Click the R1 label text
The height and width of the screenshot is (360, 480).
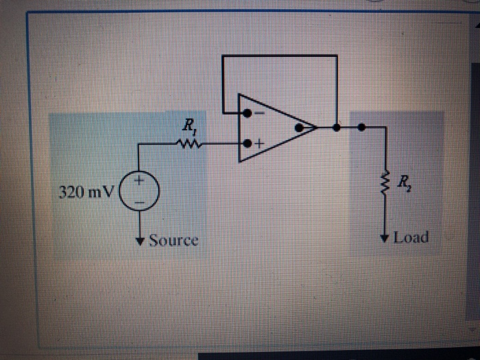pyautogui.click(x=187, y=125)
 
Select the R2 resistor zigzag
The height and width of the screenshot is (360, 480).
pyautogui.click(x=386, y=182)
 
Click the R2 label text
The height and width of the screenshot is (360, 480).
pyautogui.click(x=405, y=182)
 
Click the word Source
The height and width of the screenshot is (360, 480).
pyautogui.click(x=173, y=241)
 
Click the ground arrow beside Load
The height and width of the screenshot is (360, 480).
pyautogui.click(x=386, y=238)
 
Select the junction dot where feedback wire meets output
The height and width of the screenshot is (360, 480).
pyautogui.click(x=335, y=127)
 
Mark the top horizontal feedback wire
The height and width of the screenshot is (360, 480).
pyautogui.click(x=279, y=56)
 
